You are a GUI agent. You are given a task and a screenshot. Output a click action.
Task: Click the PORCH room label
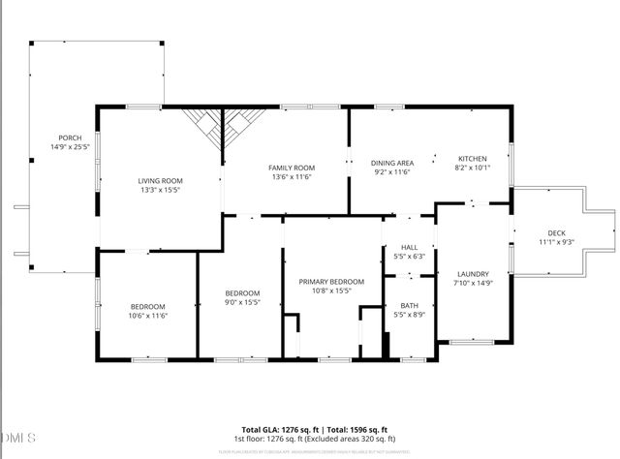(70, 138)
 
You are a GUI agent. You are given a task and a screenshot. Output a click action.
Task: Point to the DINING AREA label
(393, 163)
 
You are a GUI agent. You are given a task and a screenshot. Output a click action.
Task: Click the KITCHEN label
(472, 159)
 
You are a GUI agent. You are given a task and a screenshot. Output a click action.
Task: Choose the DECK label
(555, 233)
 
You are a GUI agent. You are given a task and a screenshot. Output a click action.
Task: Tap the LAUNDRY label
(473, 274)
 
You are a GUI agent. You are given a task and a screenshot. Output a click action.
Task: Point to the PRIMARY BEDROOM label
(331, 281)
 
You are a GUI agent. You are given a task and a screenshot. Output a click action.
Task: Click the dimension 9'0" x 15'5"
(242, 303)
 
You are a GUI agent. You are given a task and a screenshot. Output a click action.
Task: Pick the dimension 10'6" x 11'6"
(148, 315)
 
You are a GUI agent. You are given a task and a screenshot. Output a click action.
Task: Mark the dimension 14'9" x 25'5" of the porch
(70, 147)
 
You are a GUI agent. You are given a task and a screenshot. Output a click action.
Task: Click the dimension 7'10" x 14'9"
(473, 283)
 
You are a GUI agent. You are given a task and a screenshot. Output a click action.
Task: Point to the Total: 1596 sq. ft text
(357, 429)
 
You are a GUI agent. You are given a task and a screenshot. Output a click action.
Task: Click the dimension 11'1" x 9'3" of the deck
(555, 242)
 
